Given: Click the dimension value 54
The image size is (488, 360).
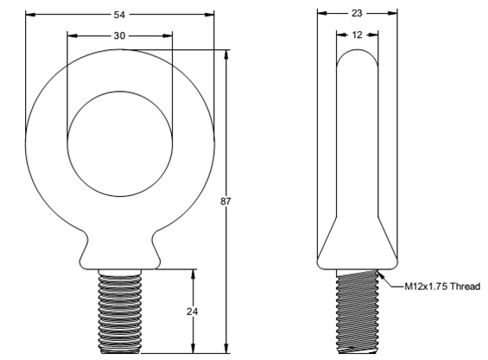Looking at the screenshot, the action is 119,15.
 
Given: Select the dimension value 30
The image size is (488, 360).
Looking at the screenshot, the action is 119,35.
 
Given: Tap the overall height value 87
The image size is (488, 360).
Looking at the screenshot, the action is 225,201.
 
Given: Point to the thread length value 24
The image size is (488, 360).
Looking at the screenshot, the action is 193,311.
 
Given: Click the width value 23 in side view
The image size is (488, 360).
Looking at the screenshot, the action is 357,13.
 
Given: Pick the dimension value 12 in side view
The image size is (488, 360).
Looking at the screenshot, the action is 357,35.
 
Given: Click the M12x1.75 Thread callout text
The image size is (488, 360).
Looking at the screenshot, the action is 442,287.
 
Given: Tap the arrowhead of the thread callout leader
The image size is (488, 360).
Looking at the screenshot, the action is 380,275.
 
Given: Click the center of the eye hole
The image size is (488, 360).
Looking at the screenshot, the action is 120,144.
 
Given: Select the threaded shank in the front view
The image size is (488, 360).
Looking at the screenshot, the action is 120,311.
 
